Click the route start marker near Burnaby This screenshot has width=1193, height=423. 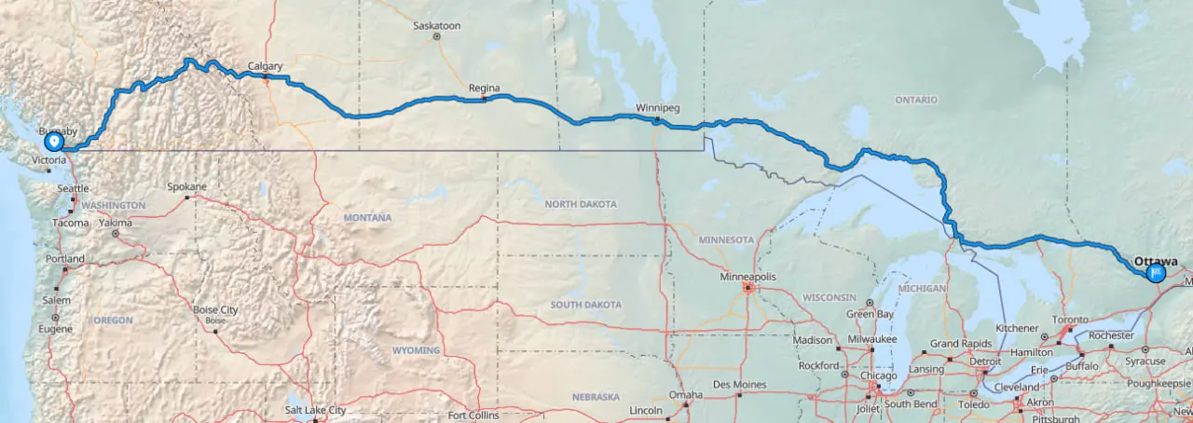pyautogui.click(x=54, y=143)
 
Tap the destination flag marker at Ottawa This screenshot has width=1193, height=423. pyautogui.click(x=1156, y=273)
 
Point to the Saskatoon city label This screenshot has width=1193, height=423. pyautogui.click(x=437, y=26)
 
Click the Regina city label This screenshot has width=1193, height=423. pyautogui.click(x=484, y=89)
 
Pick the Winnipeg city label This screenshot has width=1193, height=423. pyautogui.click(x=657, y=108)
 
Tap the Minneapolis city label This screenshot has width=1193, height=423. pyautogui.click(x=747, y=277)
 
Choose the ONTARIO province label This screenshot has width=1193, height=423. pyautogui.click(x=916, y=100)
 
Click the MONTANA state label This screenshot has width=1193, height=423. pyautogui.click(x=367, y=218)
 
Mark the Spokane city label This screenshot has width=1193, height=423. pyautogui.click(x=186, y=186)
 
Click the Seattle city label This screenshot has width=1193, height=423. pyautogui.click(x=73, y=189)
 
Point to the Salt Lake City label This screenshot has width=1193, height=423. pyautogui.click(x=316, y=410)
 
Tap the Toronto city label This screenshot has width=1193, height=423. pyautogui.click(x=1070, y=320)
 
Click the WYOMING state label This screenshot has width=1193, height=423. pyautogui.click(x=415, y=350)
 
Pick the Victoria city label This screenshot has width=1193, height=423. pyautogui.click(x=48, y=160)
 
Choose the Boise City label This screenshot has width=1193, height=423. pyautogui.click(x=215, y=310)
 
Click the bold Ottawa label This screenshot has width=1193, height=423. pyautogui.click(x=1156, y=262)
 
